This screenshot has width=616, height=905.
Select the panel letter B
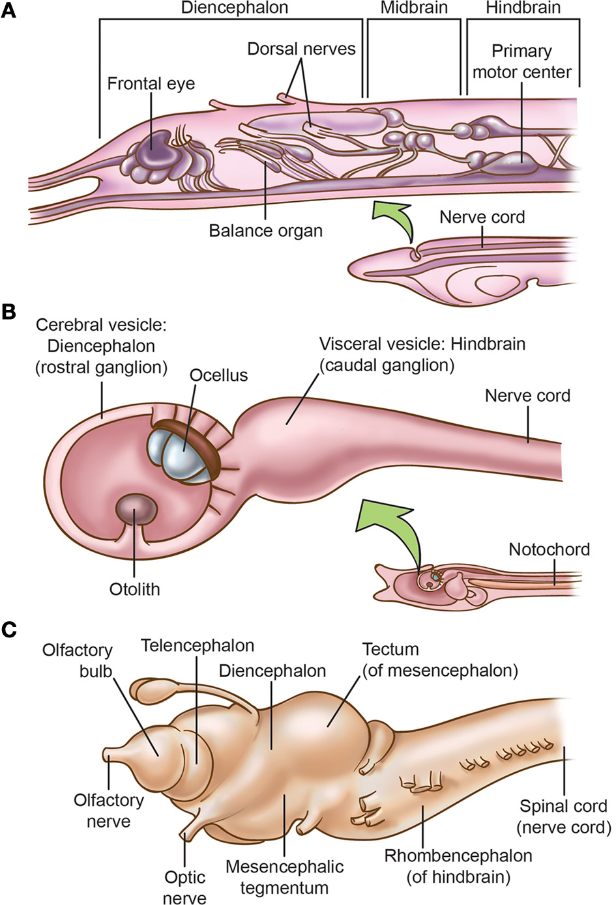8,312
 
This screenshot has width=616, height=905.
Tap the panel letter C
8,630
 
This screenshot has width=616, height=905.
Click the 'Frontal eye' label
151,84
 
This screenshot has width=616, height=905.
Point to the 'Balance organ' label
265,231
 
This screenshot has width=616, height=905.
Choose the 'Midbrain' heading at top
414,8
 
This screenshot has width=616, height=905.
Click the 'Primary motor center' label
521,61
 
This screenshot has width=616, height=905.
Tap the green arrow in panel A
398,221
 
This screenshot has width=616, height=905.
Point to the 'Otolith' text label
134,589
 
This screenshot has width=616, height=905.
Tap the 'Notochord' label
549,550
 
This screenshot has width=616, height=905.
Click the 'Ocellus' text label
218,376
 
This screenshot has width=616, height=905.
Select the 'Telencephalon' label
198,646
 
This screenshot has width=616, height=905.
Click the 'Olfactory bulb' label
78,660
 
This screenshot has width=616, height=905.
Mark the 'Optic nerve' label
184,887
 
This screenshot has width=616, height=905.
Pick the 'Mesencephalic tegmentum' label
284,877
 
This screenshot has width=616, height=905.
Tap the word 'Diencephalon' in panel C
272,671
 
